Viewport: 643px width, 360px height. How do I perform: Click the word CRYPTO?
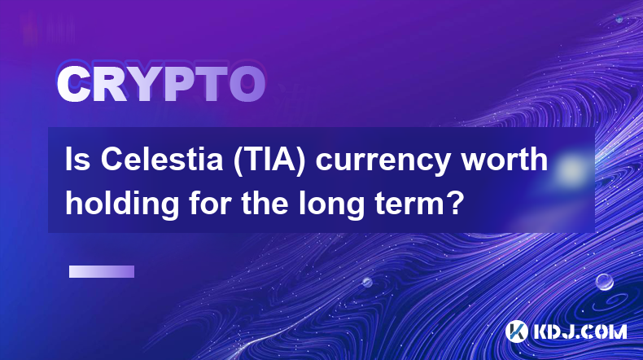click(x=161, y=84)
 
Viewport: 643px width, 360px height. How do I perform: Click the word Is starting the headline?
click(x=78, y=160)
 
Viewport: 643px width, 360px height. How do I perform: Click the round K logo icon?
click(x=516, y=331)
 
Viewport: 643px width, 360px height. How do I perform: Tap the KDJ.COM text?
click(x=580, y=331)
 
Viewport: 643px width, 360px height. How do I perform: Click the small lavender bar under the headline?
click(x=102, y=272)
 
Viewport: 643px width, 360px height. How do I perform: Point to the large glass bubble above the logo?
click(x=604, y=282)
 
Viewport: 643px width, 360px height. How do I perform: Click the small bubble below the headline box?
click(x=367, y=282)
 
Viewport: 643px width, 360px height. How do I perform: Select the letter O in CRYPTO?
click(x=247, y=84)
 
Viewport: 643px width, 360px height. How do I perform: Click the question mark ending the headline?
click(x=455, y=203)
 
